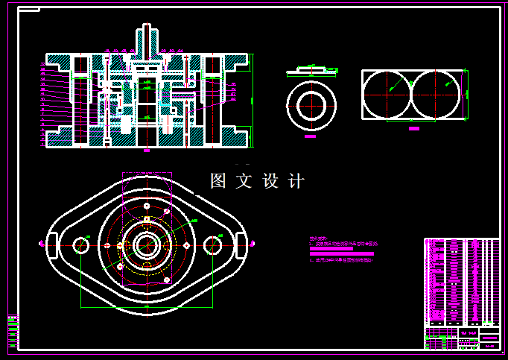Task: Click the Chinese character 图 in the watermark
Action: [218, 181]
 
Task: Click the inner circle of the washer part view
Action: [311, 105]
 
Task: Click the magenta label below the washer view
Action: [311, 137]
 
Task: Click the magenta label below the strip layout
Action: [414, 128]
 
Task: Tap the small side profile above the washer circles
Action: [311, 71]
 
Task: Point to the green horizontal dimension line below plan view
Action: [147, 306]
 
